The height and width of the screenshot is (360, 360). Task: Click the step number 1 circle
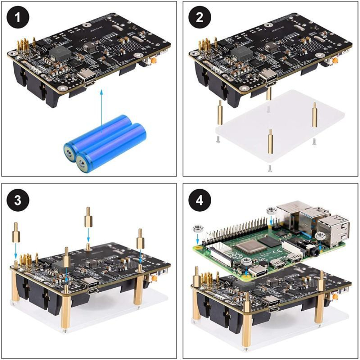coord(18,18)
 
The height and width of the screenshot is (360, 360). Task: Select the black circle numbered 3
coord(18,201)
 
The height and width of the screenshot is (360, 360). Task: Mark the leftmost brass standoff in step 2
coord(220,113)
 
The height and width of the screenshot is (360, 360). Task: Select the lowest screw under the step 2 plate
coord(270,168)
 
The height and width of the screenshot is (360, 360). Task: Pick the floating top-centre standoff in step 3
coord(88,218)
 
